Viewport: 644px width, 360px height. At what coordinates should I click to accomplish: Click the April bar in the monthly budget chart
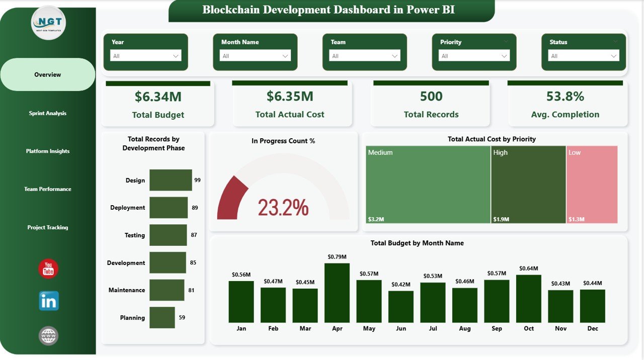337,293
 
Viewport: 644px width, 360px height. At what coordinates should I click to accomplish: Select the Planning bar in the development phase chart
162,318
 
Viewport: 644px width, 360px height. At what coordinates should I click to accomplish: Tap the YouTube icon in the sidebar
48,269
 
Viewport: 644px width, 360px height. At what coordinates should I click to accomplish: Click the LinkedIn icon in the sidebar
49,301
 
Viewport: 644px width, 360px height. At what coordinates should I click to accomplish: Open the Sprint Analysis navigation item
48,114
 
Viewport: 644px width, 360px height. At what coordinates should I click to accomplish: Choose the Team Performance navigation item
48,190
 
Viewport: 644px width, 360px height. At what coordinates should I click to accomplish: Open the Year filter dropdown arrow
176,56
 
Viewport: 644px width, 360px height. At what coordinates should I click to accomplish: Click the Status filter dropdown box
584,56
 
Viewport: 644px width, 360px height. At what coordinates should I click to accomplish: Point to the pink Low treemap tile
592,184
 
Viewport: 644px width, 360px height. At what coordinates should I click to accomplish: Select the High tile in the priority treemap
528,184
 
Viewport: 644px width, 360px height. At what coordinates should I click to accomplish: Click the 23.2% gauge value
283,208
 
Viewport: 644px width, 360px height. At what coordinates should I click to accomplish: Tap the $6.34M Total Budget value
158,97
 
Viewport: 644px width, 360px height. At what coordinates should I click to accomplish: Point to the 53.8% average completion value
565,96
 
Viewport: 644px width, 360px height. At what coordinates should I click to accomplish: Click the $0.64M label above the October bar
529,268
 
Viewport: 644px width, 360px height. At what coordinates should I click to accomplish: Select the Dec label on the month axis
593,328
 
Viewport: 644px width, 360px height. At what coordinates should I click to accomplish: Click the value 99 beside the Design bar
197,180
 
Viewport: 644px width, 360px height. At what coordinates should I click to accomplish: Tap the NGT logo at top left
48,23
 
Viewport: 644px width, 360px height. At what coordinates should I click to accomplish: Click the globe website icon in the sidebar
49,336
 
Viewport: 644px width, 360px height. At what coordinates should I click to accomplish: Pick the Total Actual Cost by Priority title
492,139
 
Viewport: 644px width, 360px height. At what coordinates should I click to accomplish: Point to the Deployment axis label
127,208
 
